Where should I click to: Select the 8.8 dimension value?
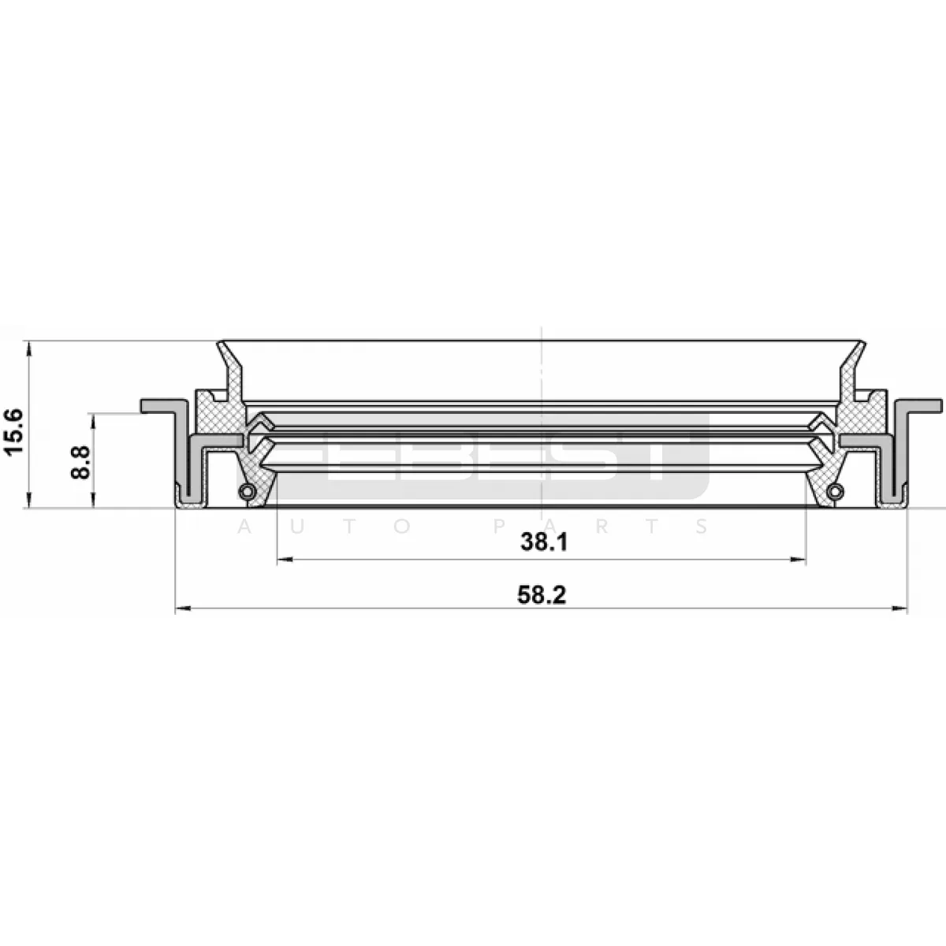[x=80, y=462]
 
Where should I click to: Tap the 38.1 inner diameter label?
[x=543, y=542]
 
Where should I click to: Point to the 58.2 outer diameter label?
[x=542, y=595]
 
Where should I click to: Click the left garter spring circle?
[x=247, y=491]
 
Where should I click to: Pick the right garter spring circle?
[x=835, y=491]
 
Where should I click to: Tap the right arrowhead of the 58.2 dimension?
[x=899, y=609]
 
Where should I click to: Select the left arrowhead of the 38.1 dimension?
[x=285, y=559]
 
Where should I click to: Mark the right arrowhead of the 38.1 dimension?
[x=799, y=559]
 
